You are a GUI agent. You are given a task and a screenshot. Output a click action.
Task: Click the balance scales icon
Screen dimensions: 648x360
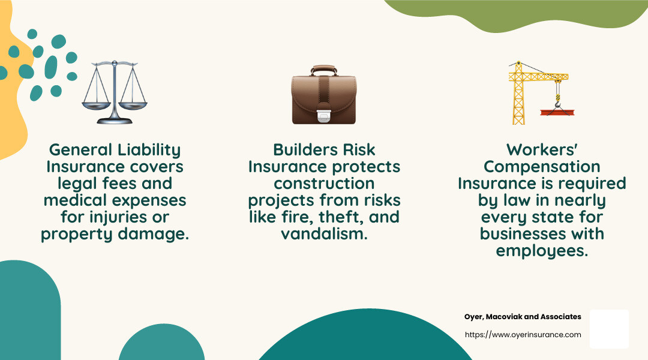(115, 92)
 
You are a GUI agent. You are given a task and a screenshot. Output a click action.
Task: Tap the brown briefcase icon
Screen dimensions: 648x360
(324, 95)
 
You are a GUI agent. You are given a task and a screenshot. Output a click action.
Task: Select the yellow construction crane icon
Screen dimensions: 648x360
(541, 92)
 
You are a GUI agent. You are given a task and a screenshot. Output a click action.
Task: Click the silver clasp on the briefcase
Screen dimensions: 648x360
(324, 116)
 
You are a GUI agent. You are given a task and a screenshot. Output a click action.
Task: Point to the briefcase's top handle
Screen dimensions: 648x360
(324, 70)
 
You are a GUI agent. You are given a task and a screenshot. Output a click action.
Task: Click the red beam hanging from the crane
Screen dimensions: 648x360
(557, 112)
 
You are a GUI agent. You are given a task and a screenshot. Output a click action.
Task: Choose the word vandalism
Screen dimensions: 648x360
(324, 234)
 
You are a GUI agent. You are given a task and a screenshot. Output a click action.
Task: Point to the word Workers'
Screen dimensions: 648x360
(542, 149)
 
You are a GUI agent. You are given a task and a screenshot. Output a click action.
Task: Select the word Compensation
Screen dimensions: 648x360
(542, 167)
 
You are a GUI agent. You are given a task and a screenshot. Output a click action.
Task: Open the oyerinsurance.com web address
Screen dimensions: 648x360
(523, 335)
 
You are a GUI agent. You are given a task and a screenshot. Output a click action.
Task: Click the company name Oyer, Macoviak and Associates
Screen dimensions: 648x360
(523, 317)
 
